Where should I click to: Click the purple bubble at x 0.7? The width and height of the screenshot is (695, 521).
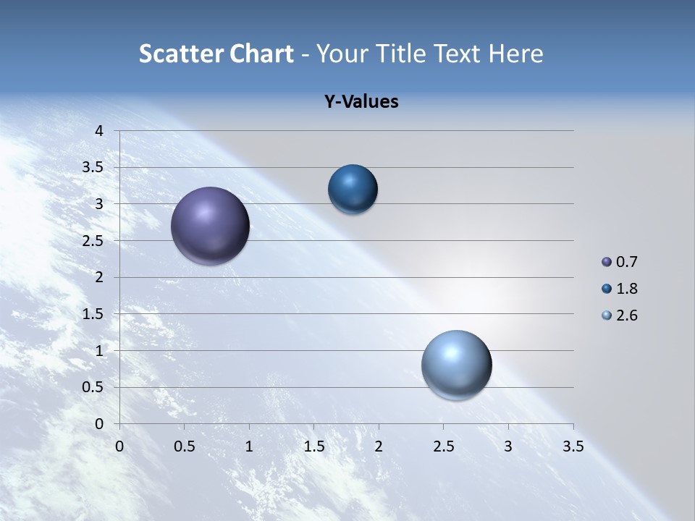pos(211,226)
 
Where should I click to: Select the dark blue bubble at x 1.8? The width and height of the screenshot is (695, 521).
pos(353,190)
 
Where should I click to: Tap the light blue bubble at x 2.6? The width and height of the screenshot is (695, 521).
pos(456,365)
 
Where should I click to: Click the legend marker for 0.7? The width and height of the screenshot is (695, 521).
pos(607,262)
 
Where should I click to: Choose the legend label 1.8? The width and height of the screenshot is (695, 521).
pos(627,289)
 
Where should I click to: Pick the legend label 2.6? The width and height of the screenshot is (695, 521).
pos(627,315)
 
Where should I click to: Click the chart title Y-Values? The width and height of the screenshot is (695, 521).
pos(361,102)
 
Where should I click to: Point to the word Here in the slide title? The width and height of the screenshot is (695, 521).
pos(516,54)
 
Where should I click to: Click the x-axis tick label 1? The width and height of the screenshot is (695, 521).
pos(249,446)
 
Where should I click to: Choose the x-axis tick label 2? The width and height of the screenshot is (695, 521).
pos(379,446)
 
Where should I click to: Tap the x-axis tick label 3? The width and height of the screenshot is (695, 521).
pos(508,446)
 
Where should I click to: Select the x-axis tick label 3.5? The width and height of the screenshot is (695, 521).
pos(573,446)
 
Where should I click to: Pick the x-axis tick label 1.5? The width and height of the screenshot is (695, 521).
pos(313,446)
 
